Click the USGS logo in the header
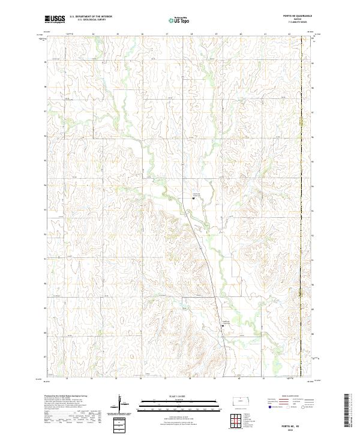[55, 19]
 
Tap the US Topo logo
[179, 20]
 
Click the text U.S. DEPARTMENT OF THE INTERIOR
[91, 17]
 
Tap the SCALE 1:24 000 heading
[179, 396]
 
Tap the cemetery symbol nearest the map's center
[193, 197]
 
